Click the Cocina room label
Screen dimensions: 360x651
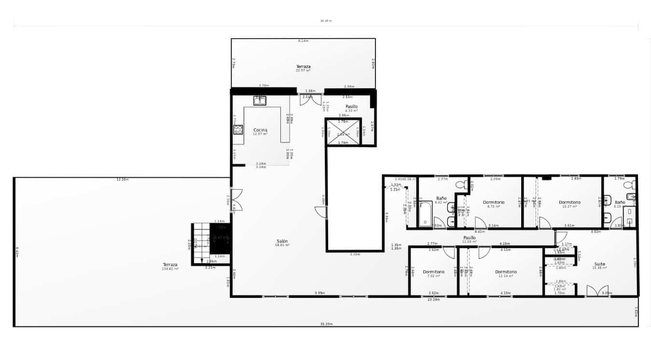click(x=260, y=130)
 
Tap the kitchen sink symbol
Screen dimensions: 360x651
click(x=260, y=100)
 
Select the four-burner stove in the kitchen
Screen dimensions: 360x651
click(x=238, y=129)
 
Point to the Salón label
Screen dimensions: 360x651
click(x=283, y=241)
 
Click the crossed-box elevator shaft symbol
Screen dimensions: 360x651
click(x=343, y=132)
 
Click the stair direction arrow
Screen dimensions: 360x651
click(x=202, y=260)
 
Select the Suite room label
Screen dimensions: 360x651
click(x=599, y=264)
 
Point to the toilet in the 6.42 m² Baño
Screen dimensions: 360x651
click(x=460, y=184)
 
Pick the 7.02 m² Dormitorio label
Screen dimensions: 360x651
click(x=433, y=272)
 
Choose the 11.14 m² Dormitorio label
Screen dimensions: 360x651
click(x=506, y=272)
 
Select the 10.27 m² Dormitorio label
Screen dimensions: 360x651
click(x=569, y=202)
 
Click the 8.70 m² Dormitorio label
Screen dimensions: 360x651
click(x=494, y=202)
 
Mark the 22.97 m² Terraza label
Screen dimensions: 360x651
click(x=303, y=67)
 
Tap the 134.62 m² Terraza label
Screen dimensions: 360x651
click(x=170, y=264)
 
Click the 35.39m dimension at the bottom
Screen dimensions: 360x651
click(x=326, y=324)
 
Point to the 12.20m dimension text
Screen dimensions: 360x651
click(x=123, y=179)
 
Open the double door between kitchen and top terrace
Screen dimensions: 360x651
click(x=310, y=100)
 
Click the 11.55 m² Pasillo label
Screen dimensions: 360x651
click(x=470, y=238)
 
